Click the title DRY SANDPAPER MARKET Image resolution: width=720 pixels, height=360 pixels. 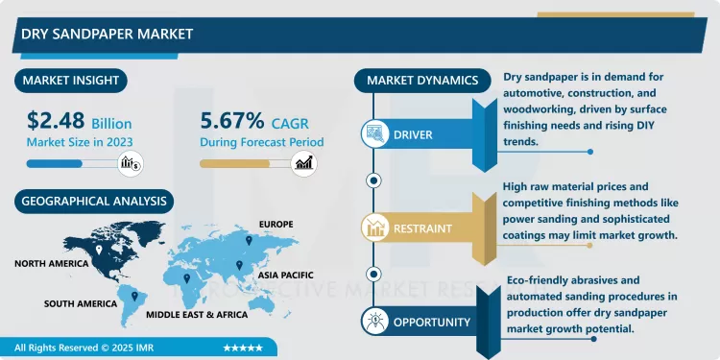tap(107, 34)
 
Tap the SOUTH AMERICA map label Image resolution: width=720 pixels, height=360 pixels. tap(80, 303)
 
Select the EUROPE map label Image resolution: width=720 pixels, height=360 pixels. tap(275, 225)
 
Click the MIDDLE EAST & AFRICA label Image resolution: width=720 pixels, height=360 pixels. tap(196, 314)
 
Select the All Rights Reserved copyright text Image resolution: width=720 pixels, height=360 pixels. tap(77, 348)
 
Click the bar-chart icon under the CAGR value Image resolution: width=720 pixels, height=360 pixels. tap(306, 163)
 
